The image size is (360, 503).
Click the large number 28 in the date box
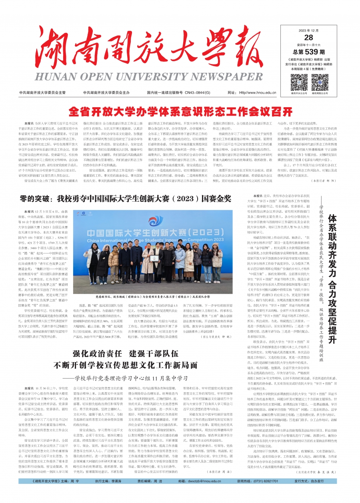[x=308, y=38]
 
